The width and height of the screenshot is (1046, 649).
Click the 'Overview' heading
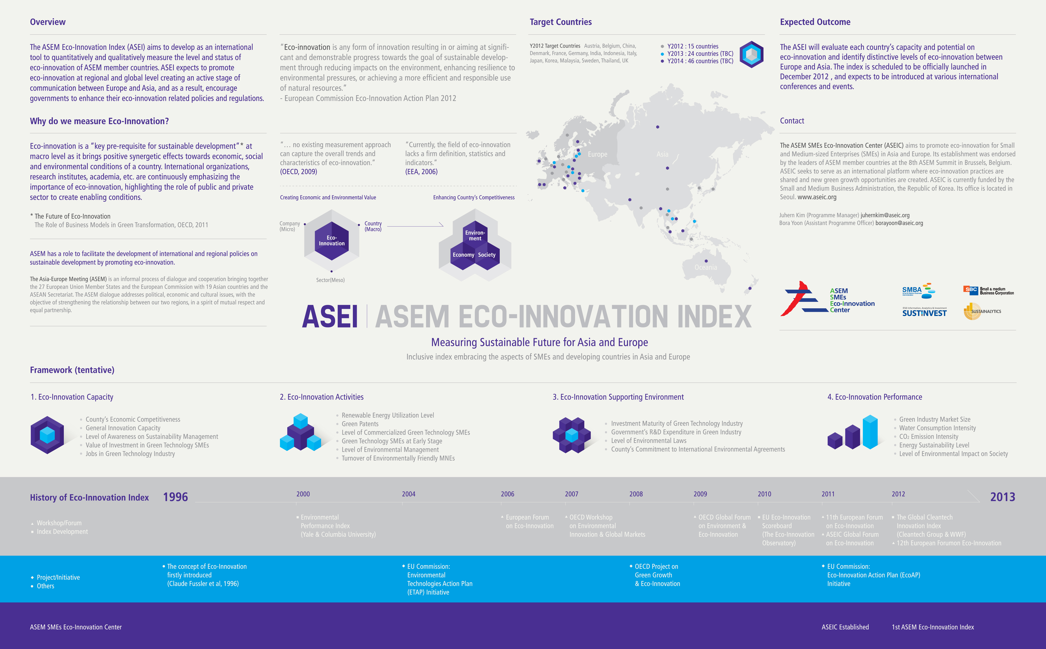tap(48, 22)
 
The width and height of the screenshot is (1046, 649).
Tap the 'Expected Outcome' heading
tap(815, 22)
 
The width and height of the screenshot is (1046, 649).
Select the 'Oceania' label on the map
tap(706, 267)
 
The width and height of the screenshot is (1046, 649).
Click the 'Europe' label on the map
tap(597, 154)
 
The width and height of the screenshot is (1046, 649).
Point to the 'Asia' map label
tap(662, 154)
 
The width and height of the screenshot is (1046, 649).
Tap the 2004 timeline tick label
tap(408, 494)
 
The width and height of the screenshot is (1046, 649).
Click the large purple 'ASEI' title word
tap(330, 317)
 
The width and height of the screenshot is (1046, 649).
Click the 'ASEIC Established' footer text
tap(845, 627)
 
